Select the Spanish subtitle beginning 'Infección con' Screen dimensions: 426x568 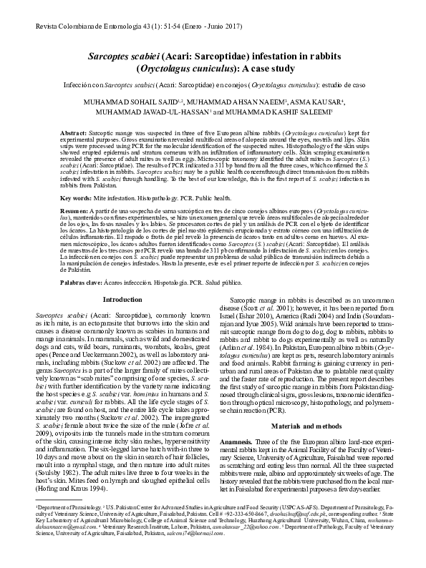(213, 86)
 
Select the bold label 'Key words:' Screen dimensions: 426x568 (76, 197)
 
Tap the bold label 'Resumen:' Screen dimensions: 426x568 (74, 212)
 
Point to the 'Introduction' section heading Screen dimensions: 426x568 (122, 299)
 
